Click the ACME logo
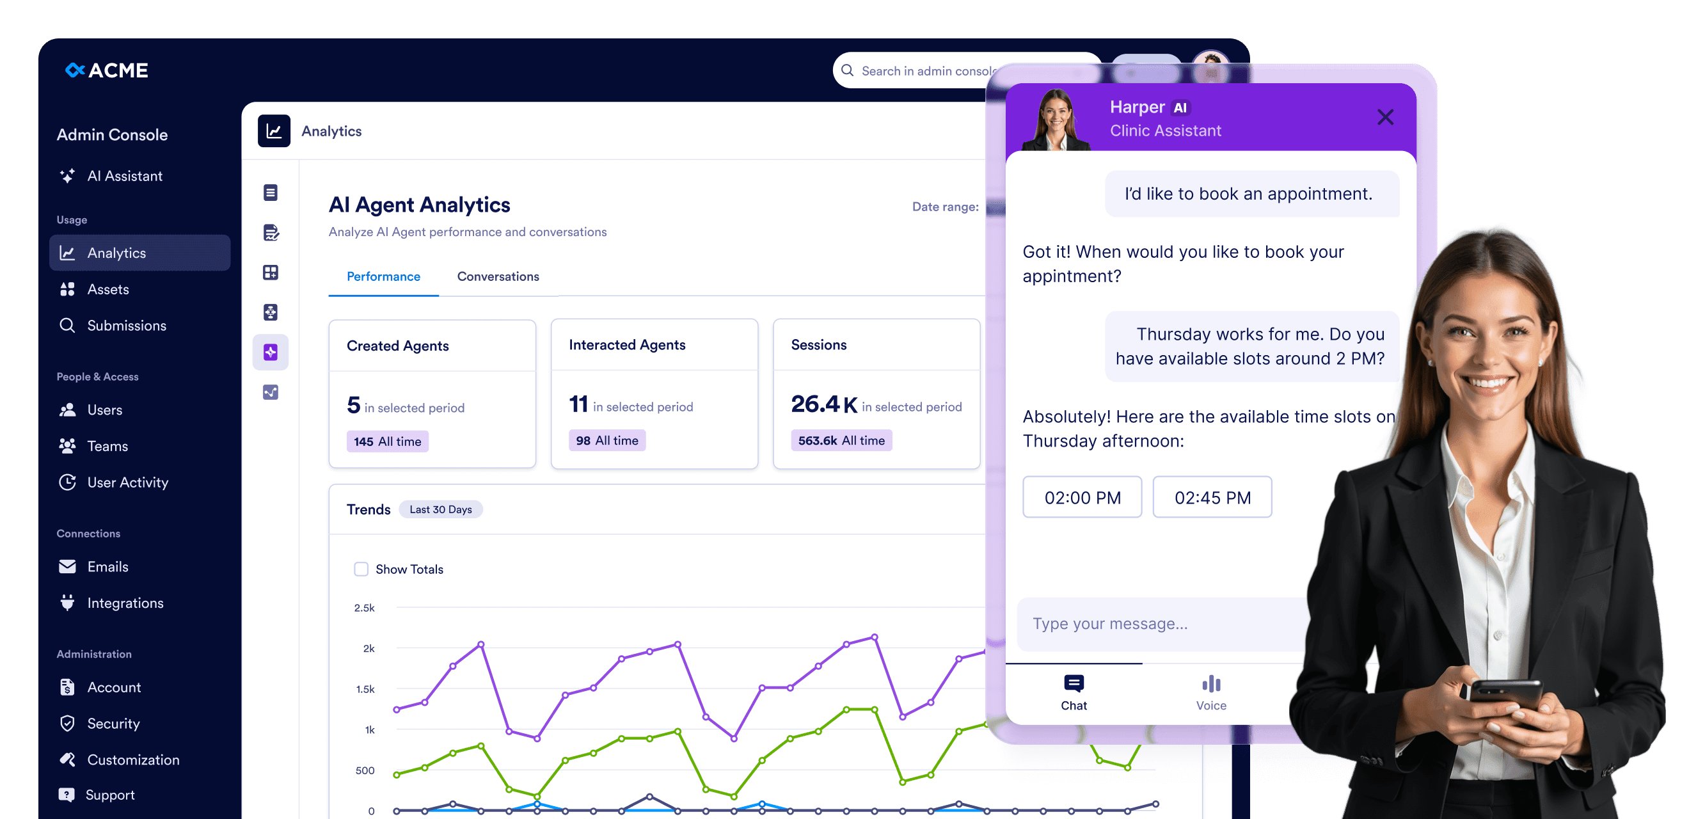click(x=107, y=70)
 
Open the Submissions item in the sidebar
click(x=126, y=325)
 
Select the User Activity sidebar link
click(x=127, y=482)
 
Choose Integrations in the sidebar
click(x=125, y=603)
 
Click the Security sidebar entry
click(x=113, y=723)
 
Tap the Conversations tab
click(x=498, y=276)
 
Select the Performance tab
click(x=383, y=276)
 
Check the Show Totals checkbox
click(x=361, y=569)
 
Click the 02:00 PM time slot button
click(x=1082, y=497)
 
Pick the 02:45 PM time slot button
click(x=1212, y=497)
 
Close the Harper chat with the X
click(x=1384, y=117)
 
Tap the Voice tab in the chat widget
click(x=1210, y=692)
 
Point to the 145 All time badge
click(x=387, y=441)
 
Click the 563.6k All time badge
click(x=841, y=441)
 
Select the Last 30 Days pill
click(x=440, y=509)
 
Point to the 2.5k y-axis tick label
click(x=365, y=608)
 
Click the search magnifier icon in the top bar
click(x=847, y=70)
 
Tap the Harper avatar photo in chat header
click(x=1056, y=120)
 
